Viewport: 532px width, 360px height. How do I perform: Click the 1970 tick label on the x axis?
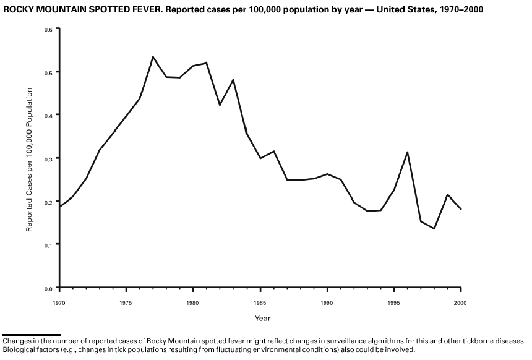coord(59,303)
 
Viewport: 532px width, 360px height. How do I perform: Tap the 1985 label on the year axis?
coord(260,303)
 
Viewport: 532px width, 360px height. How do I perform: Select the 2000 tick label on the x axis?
coord(460,303)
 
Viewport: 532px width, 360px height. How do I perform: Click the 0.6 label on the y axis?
coord(48,29)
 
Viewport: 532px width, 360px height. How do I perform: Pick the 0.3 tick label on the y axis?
coord(48,158)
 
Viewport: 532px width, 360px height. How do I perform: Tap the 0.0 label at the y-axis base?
coord(48,288)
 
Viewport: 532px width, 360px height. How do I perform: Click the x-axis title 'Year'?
coord(262,318)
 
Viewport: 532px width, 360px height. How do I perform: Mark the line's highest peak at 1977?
coord(153,57)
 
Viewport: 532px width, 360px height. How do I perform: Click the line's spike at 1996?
coord(407,152)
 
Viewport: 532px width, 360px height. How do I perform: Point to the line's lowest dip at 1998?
coord(434,229)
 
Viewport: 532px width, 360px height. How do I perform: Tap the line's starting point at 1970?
coord(59,207)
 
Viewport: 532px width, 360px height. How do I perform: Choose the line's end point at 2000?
coord(461,209)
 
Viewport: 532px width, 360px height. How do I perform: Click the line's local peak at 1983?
coord(233,80)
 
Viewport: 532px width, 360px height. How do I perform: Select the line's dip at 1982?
coord(220,105)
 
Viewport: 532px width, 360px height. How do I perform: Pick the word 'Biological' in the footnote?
coord(19,349)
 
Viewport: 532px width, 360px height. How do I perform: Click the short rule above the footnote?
coord(32,335)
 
